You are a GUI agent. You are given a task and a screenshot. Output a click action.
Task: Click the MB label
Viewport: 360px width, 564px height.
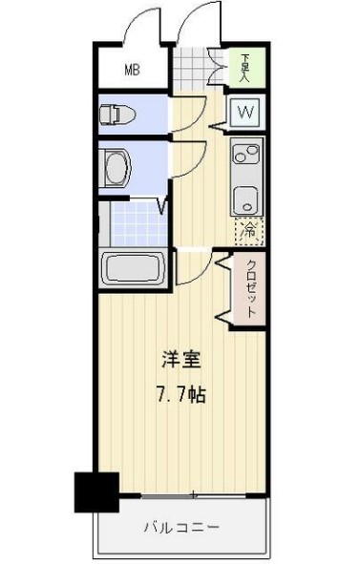(x=134, y=69)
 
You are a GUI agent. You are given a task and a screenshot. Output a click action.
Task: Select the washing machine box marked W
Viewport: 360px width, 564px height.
(x=245, y=114)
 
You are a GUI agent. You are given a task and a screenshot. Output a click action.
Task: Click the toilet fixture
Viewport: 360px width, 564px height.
(x=117, y=115)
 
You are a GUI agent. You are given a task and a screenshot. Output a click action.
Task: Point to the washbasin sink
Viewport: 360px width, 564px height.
(x=119, y=169)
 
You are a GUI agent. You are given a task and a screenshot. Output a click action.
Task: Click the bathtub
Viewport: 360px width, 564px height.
(x=135, y=268)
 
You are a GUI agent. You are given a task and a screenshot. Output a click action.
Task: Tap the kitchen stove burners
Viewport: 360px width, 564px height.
(x=245, y=153)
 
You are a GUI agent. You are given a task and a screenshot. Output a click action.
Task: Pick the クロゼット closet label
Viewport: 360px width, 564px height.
(x=251, y=288)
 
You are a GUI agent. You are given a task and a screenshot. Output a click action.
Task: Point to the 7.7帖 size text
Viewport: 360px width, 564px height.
(x=179, y=393)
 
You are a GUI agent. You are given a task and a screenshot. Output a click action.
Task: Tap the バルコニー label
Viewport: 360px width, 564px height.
(x=182, y=528)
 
